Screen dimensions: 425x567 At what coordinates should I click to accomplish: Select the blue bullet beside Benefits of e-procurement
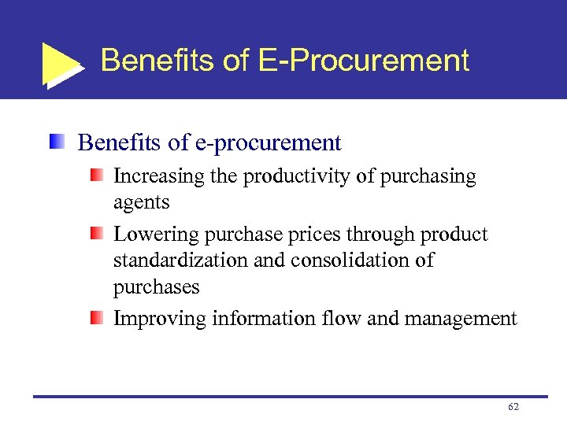click(x=56, y=142)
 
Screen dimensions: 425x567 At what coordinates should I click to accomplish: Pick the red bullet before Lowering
click(x=96, y=235)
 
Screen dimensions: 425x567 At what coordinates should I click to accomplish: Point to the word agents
click(x=142, y=204)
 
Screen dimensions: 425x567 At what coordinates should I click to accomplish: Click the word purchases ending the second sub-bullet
click(x=157, y=288)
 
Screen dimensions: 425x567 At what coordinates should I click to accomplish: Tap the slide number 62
click(x=513, y=407)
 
